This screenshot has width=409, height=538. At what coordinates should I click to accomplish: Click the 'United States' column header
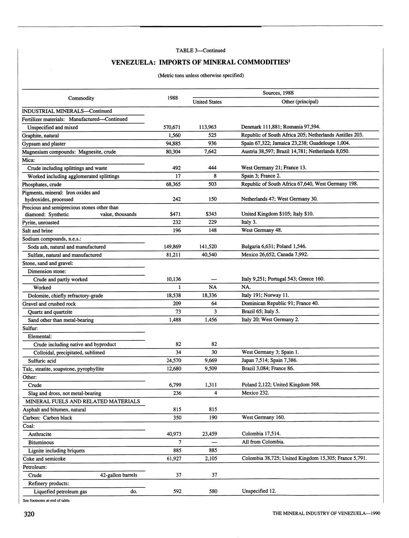click(207, 102)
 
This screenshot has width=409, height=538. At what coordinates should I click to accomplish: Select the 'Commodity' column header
click(81, 98)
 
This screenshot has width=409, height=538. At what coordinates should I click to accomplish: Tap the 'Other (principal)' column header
click(300, 102)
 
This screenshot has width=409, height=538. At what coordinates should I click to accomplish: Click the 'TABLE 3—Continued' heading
click(201, 50)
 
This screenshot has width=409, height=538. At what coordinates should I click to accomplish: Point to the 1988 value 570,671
click(173, 127)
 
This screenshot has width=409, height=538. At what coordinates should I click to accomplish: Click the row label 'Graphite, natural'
click(41, 136)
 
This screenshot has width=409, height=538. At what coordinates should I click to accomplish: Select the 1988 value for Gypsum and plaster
click(173, 143)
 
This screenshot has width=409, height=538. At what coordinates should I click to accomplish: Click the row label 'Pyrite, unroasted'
click(41, 223)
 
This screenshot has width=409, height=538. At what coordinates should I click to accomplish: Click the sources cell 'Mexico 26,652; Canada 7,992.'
click(275, 255)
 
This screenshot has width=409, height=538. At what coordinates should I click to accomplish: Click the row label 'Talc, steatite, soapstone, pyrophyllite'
click(63, 369)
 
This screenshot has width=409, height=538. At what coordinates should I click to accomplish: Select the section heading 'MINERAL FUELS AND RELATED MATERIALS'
click(83, 401)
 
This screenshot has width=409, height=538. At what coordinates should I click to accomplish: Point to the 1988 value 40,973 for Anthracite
click(173, 434)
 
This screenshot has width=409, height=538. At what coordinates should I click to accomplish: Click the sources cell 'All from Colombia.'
click(263, 442)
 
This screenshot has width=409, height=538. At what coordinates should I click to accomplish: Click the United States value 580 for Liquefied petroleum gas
click(213, 491)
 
